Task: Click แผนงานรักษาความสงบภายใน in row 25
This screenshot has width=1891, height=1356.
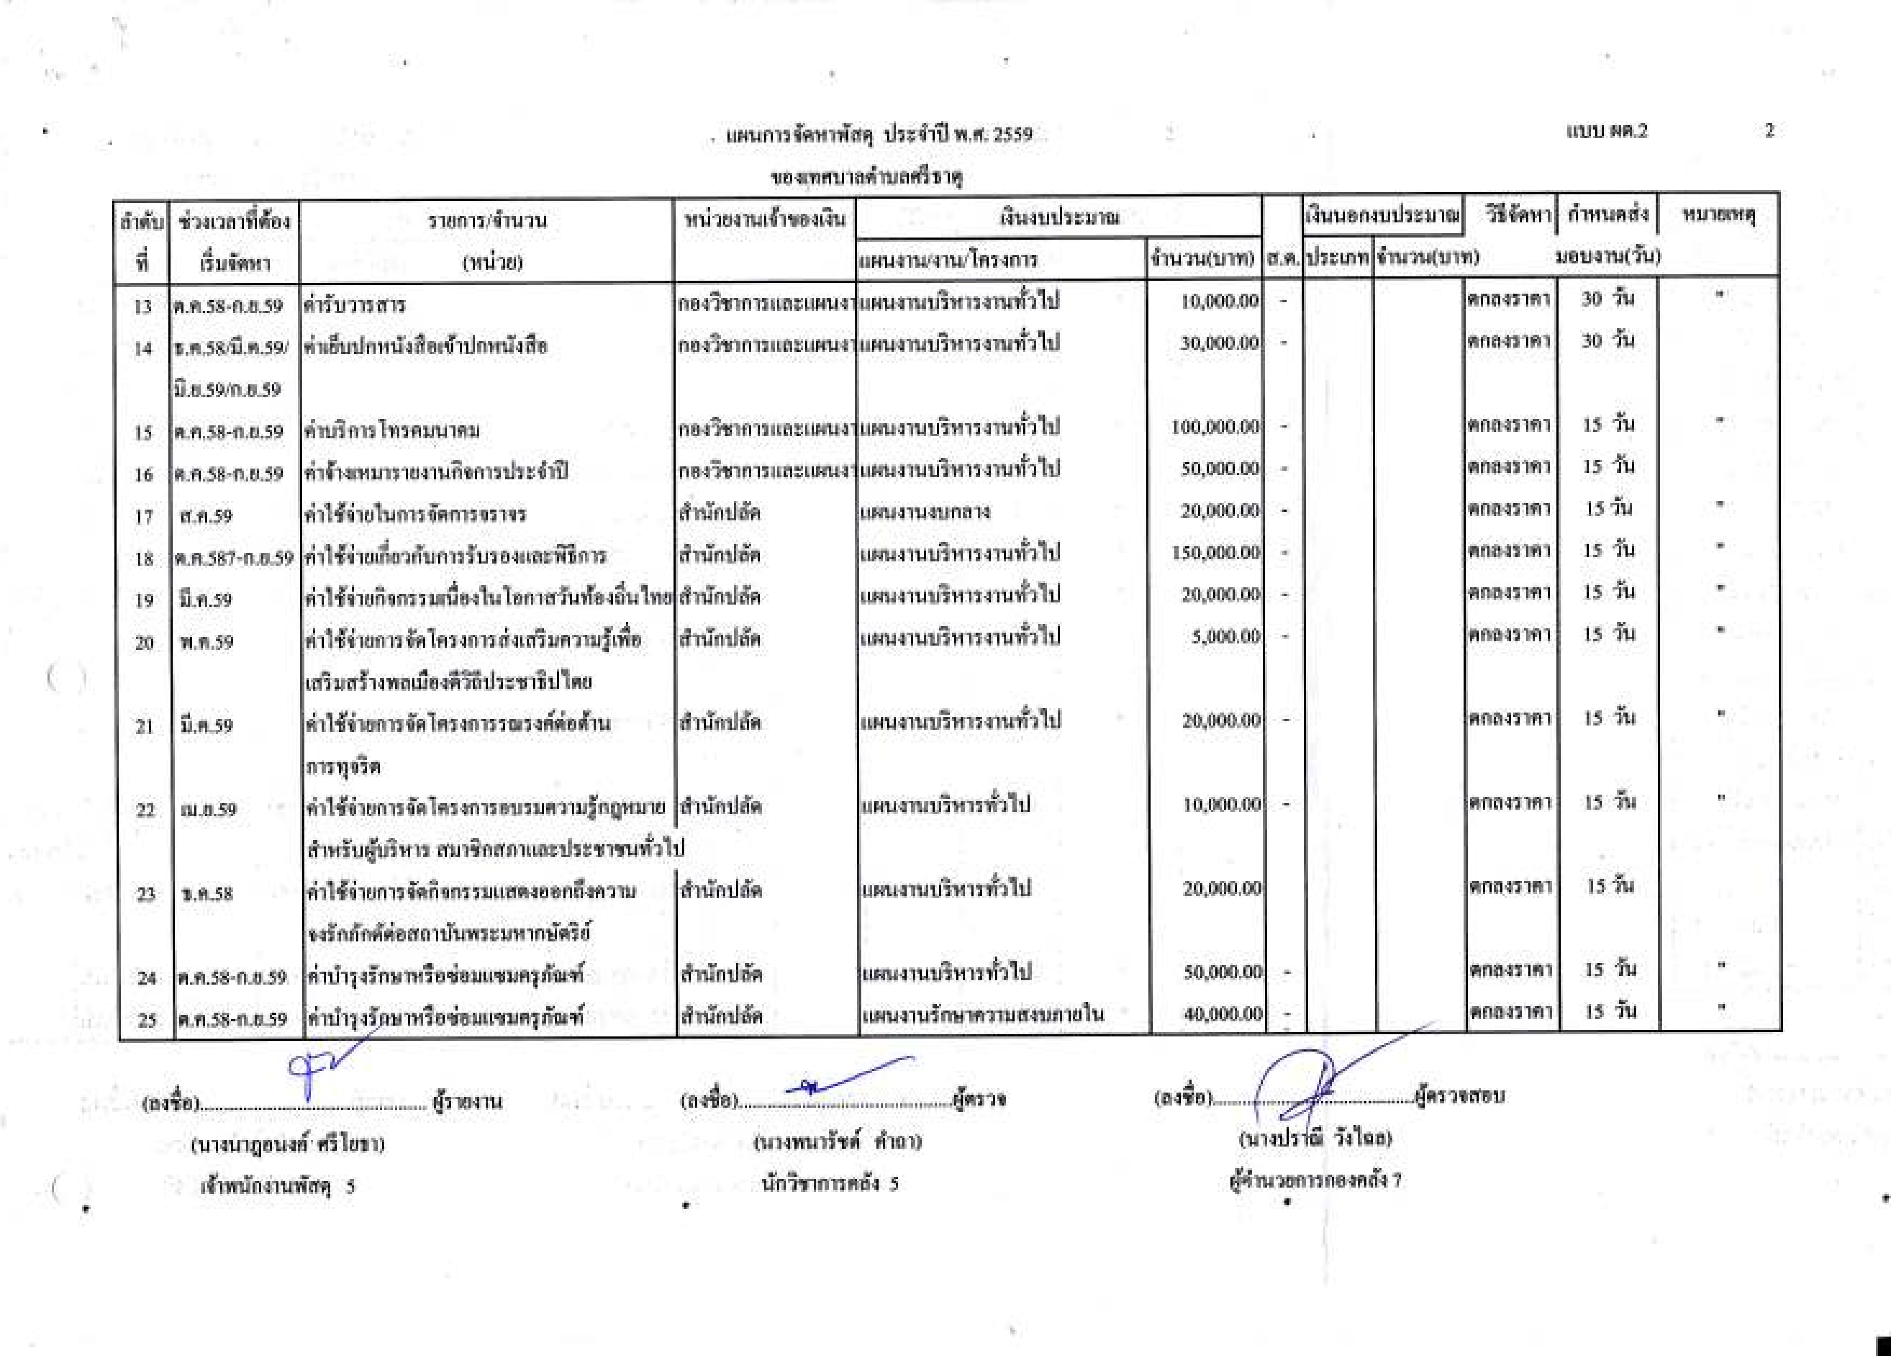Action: [x=982, y=1015]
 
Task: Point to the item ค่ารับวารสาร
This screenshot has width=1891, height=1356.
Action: [x=355, y=305]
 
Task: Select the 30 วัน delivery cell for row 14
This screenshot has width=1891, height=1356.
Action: [x=1608, y=340]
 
